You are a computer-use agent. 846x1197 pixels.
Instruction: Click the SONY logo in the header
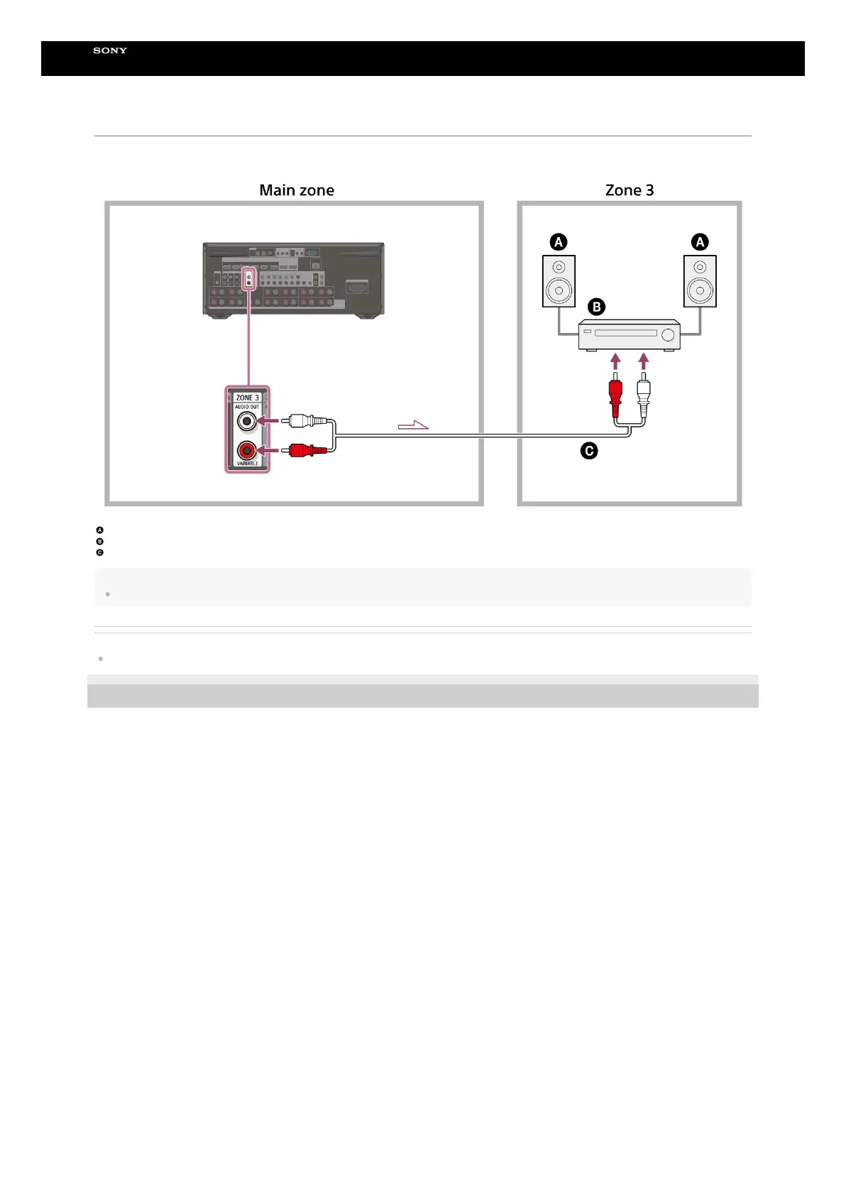pos(110,51)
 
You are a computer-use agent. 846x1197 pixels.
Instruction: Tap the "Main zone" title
pos(297,190)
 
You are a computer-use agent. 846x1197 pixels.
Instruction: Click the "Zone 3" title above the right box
pos(630,190)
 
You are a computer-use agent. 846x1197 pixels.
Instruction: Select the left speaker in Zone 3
pos(559,281)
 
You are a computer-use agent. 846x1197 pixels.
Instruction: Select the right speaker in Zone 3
pos(700,281)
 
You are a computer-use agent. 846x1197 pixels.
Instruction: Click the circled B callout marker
pos(597,307)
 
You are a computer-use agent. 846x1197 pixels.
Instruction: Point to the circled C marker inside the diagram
pos(589,451)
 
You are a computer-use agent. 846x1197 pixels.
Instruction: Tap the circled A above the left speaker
pos(559,242)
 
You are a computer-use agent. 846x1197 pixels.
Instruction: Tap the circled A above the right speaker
pos(700,242)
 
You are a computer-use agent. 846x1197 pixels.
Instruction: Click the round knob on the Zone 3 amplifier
pos(668,337)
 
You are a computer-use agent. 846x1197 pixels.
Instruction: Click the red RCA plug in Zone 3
pos(615,398)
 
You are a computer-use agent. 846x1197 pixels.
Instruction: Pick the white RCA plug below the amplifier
pos(644,398)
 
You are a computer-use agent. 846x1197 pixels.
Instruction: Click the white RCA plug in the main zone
pos(307,421)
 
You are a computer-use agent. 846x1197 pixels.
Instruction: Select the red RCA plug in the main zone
pos(307,449)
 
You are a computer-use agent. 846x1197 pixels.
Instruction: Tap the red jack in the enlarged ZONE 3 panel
pos(247,450)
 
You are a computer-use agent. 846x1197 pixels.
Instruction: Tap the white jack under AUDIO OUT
pos(247,421)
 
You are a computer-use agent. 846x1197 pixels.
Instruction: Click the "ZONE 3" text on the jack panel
pos(247,398)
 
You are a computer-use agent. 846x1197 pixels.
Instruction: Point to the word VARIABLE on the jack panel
pos(247,464)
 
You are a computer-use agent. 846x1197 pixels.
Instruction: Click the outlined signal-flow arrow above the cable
pos(413,425)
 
